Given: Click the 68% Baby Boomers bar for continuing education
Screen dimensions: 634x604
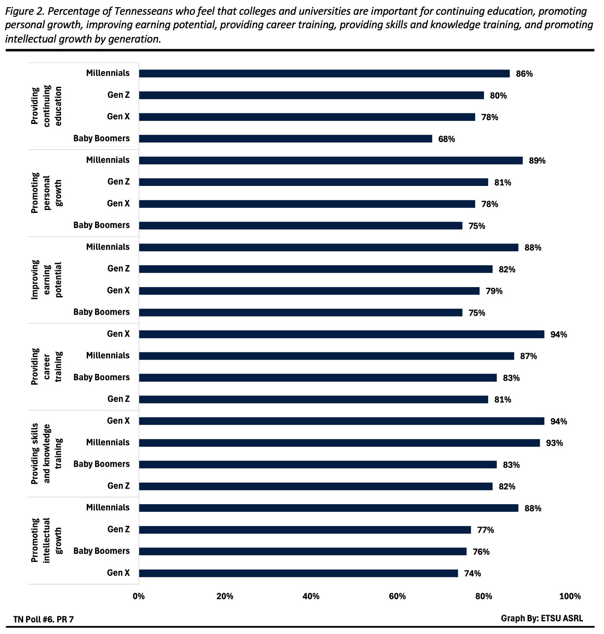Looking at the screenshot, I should coord(285,139).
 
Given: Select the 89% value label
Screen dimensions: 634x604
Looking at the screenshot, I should coord(537,161).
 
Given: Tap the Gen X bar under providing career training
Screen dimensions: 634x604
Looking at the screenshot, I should coord(341,334).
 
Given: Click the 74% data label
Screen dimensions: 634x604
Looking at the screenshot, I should coord(473,573).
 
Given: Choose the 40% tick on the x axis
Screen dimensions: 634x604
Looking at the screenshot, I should coord(311,596).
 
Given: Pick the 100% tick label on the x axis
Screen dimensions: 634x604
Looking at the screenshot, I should coord(570,596).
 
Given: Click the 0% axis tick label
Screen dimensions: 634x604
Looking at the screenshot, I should coord(139,596).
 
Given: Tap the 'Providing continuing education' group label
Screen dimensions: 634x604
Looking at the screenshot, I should coord(46,106).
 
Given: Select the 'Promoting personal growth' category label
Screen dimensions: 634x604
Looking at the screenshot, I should coord(46,193).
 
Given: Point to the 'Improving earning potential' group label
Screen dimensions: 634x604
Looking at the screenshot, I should coord(46,279).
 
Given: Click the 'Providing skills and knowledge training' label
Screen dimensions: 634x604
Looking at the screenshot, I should coord(46,453).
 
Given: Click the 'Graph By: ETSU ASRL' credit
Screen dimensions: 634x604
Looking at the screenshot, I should coord(542,618).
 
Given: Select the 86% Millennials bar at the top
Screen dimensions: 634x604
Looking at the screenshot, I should coord(324,74).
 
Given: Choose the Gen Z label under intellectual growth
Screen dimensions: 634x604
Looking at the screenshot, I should coord(118,529).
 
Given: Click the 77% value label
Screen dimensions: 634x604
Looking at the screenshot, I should coord(485,530).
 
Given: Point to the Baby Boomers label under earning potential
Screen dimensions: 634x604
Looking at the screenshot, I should coord(102,312).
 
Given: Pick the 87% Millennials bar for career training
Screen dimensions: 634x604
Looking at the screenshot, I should coord(326,356).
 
